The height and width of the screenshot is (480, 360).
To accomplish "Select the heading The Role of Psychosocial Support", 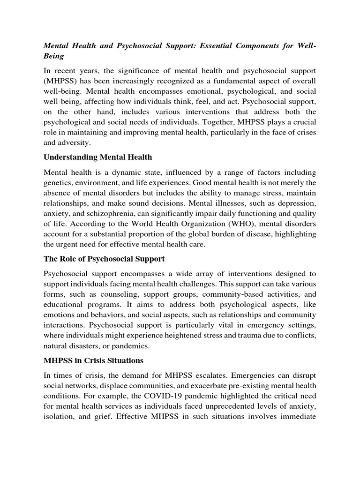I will [104, 259].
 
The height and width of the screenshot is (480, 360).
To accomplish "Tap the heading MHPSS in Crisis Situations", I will [93, 361].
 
